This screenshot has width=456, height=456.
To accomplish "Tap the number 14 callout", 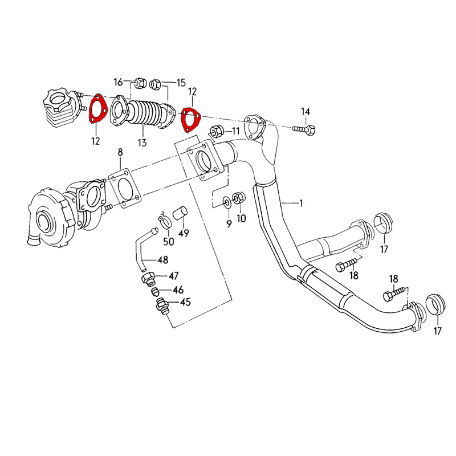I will [x=306, y=111].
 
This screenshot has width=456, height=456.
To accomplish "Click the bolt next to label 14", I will [x=302, y=130].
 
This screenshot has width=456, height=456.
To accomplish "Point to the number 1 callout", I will [x=302, y=203].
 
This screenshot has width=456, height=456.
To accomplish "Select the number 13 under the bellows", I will [x=141, y=142].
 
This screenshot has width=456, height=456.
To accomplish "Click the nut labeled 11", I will [x=217, y=131].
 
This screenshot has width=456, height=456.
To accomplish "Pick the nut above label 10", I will [x=240, y=198].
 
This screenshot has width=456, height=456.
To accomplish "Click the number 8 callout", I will [x=120, y=152].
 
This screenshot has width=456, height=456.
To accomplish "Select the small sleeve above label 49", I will [x=181, y=214].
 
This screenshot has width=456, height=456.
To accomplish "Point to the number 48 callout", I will [x=163, y=260].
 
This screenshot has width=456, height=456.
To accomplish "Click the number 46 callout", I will [x=178, y=290].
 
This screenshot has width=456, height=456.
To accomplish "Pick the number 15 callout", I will [x=181, y=83].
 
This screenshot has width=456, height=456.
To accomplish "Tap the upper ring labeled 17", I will [x=381, y=223].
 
